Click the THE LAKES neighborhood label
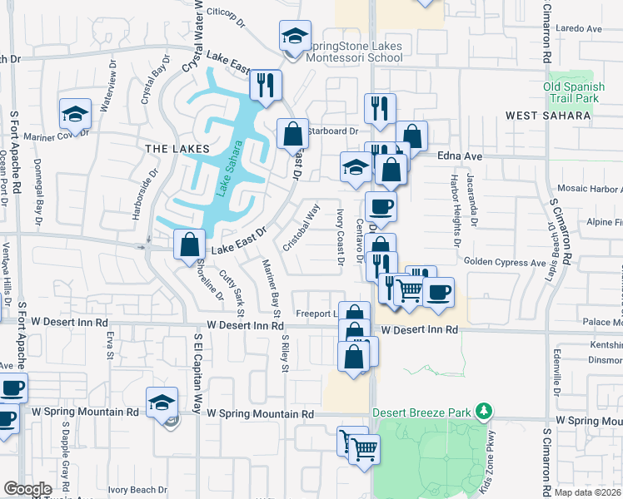172,148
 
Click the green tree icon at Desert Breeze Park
481,411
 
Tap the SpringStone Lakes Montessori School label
354,52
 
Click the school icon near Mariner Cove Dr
75,114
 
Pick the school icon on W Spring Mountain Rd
162,403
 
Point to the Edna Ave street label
461,156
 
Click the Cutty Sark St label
231,292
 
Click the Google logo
27,489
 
